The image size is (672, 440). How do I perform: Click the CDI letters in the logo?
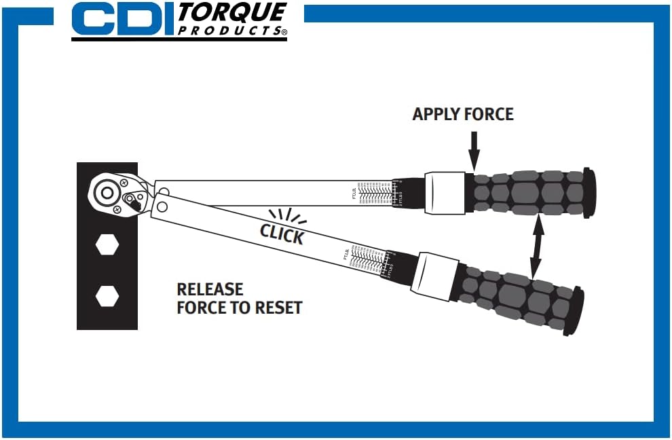click(122, 20)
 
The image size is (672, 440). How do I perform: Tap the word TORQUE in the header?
click(231, 13)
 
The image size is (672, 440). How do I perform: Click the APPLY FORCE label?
click(463, 114)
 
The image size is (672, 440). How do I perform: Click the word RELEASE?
click(210, 289)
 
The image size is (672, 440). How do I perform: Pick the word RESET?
click(278, 308)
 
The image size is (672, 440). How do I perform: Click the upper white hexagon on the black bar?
click(107, 244)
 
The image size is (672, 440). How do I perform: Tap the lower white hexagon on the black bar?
click(107, 296)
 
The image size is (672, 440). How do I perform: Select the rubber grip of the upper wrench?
click(529, 193)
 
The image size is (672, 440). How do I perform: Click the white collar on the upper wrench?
click(445, 193)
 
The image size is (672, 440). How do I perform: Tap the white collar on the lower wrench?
click(434, 276)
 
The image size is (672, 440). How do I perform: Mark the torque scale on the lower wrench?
click(367, 261)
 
